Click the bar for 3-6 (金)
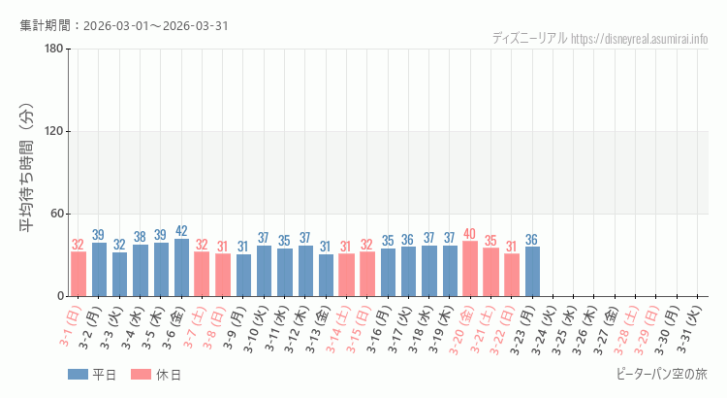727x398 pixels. (181, 267)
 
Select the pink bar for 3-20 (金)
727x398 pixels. (470, 269)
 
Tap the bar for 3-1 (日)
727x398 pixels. (79, 274)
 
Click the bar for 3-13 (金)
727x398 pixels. (326, 275)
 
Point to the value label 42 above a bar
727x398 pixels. (181, 231)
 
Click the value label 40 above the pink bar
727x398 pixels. (470, 234)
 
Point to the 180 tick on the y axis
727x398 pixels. (53, 50)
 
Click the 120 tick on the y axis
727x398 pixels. (53, 132)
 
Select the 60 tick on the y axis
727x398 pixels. (56, 214)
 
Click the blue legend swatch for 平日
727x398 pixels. (78, 374)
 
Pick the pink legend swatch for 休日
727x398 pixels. (141, 374)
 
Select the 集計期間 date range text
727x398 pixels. (124, 25)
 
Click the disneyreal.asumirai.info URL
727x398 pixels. (639, 39)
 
